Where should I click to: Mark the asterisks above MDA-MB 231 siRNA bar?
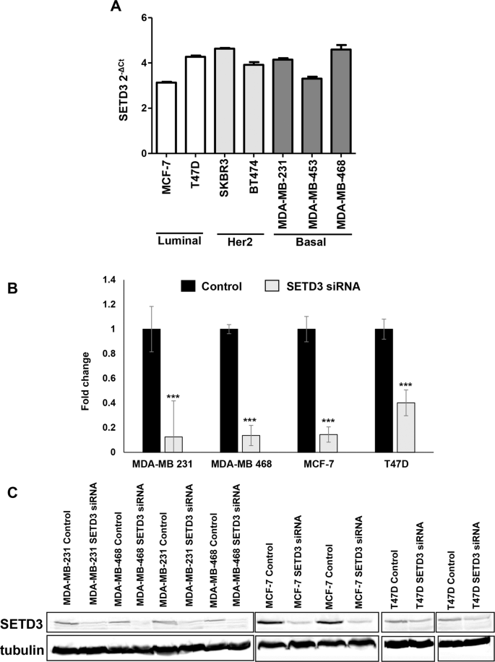click(x=173, y=397)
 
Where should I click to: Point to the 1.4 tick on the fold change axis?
click(x=110, y=280)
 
